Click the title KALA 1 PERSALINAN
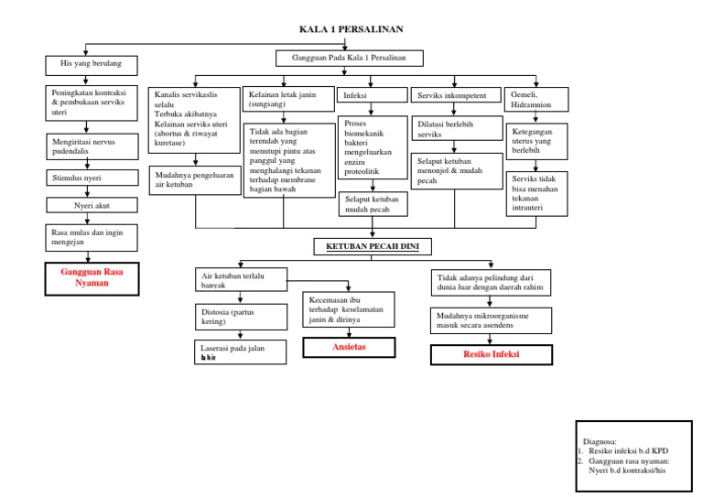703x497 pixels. click(351, 29)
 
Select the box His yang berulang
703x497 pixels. click(92, 65)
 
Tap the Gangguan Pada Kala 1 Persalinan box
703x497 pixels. click(349, 58)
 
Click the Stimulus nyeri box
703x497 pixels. click(92, 178)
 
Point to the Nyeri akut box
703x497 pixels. click(92, 206)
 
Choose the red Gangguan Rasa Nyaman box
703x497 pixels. click(92, 278)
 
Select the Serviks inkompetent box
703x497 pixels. click(456, 95)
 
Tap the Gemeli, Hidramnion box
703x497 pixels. click(536, 99)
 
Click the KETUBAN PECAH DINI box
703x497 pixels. click(373, 246)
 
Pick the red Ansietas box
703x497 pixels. click(349, 347)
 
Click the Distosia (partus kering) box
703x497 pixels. click(237, 318)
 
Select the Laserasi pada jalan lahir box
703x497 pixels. click(237, 352)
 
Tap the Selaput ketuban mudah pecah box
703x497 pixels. click(373, 203)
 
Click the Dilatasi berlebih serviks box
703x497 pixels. click(456, 128)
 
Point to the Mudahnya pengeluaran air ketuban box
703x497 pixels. click(195, 179)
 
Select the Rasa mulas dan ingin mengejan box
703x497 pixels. click(92, 238)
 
